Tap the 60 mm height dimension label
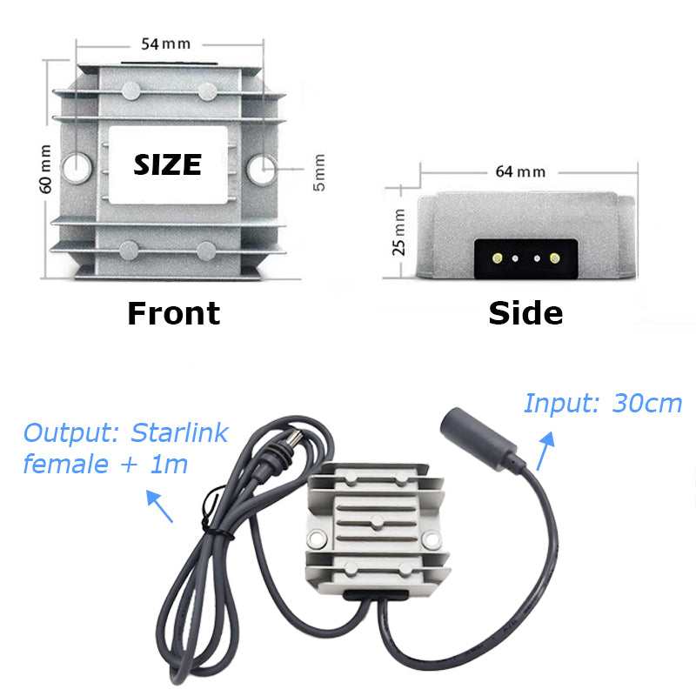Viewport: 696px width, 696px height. click(45, 170)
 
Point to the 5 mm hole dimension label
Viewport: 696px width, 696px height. click(319, 172)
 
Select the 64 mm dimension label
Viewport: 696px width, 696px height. click(520, 171)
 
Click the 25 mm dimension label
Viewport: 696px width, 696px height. click(399, 232)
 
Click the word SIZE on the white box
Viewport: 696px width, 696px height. click(167, 164)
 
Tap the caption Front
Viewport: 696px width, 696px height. click(173, 313)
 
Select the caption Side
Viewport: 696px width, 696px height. click(525, 313)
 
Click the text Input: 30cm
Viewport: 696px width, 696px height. click(602, 405)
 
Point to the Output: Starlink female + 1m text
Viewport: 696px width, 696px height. click(125, 448)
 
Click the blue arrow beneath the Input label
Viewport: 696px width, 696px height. click(545, 452)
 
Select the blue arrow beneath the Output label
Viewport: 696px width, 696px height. click(159, 507)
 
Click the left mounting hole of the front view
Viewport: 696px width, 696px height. click(77, 165)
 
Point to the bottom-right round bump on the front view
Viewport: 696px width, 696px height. click(207, 251)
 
